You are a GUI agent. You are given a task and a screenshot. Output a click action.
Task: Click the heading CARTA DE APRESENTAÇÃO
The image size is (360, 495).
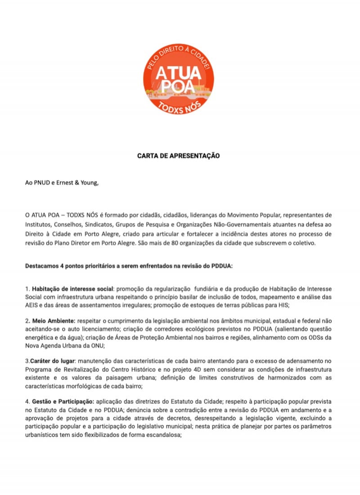click(178, 156)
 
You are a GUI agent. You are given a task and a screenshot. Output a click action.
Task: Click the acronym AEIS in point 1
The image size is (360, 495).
click(33, 304)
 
